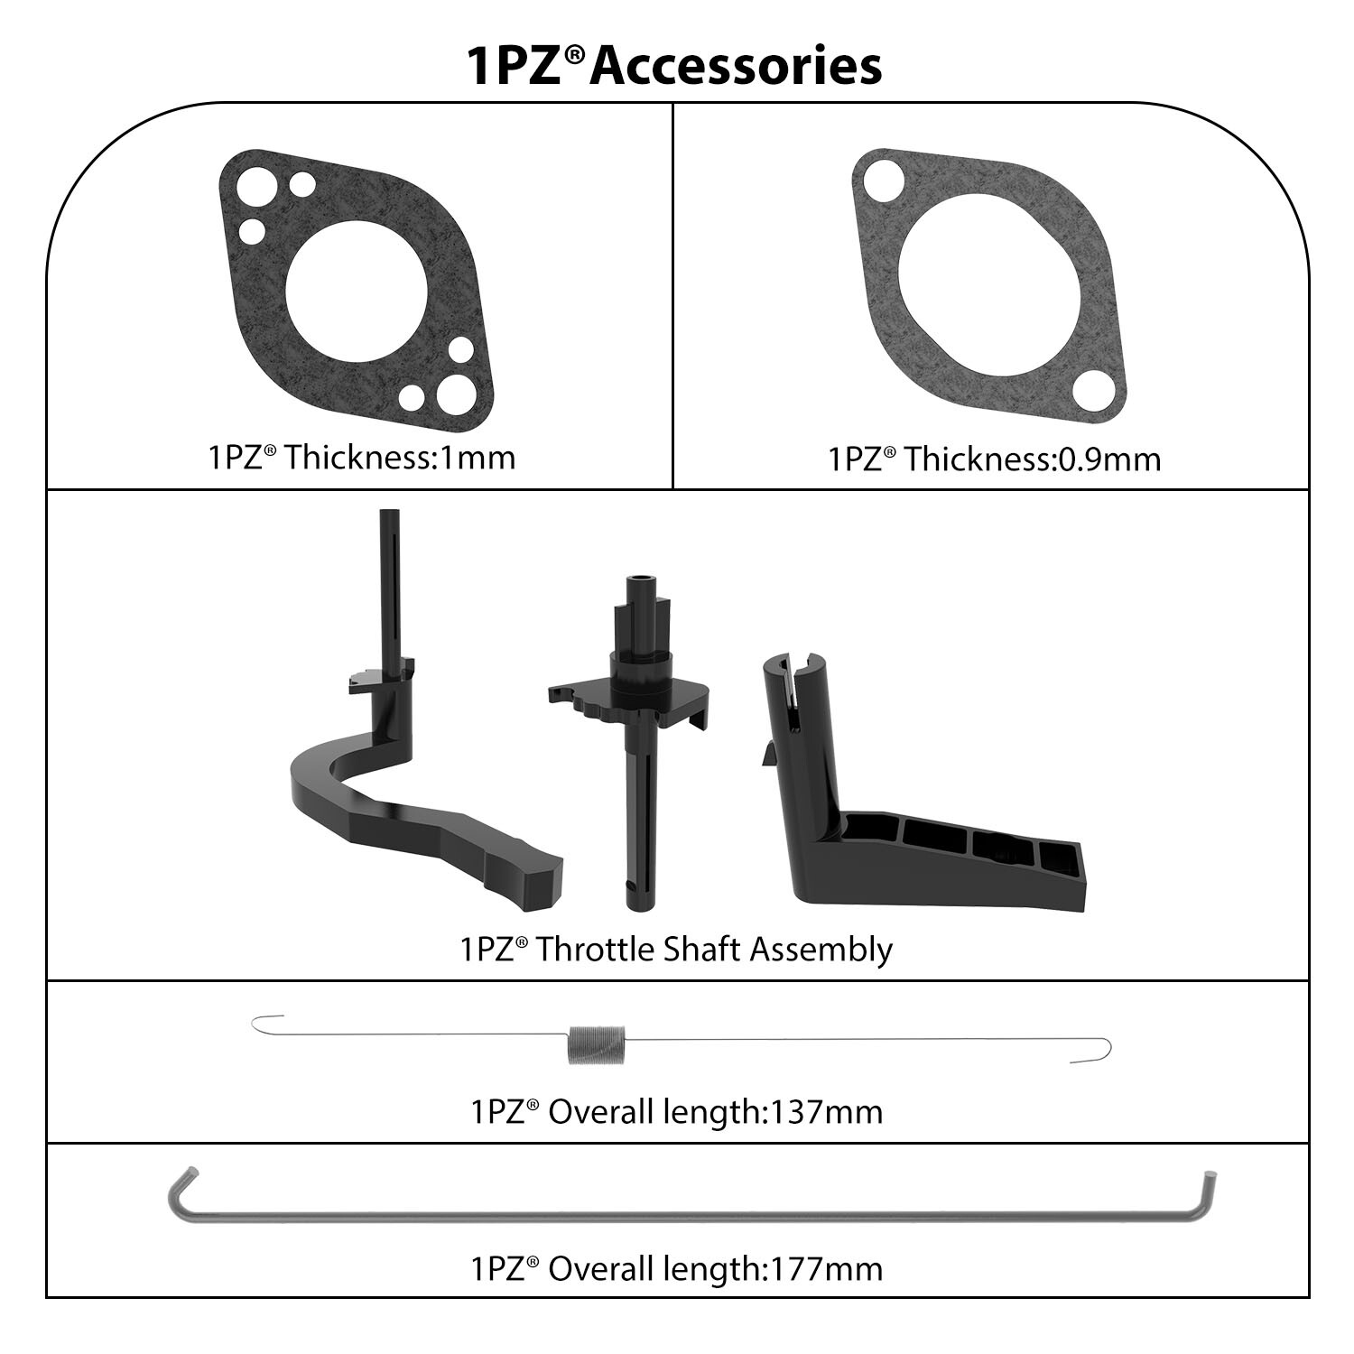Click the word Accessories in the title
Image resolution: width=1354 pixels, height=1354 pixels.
click(x=736, y=66)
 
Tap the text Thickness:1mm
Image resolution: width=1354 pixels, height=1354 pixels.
click(x=401, y=457)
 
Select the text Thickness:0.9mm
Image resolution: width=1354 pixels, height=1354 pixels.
click(x=1033, y=459)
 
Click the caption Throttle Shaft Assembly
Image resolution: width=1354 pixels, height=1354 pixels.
click(x=714, y=950)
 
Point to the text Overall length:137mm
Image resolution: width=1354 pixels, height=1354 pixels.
click(x=715, y=1111)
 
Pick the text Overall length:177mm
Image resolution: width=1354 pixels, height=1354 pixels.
click(x=715, y=1268)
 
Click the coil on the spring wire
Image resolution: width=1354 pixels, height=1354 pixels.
click(x=596, y=1044)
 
